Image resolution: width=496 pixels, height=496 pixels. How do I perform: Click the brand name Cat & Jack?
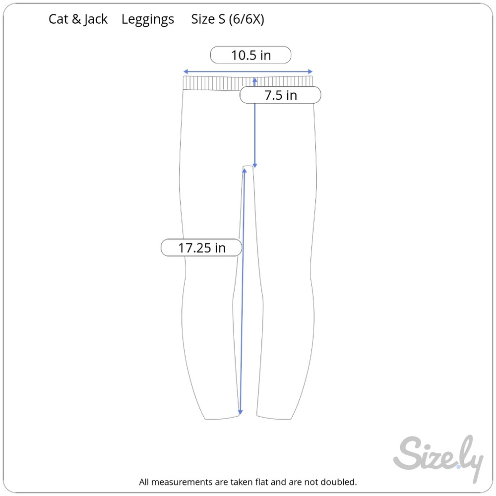tap(78, 19)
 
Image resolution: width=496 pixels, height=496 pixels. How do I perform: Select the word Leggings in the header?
tap(148, 20)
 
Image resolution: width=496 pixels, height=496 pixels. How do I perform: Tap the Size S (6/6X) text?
tap(228, 20)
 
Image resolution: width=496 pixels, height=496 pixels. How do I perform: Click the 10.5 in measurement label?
tap(251, 55)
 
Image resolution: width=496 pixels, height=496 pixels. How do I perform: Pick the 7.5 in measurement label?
tap(281, 95)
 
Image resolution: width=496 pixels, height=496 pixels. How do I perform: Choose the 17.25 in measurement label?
tap(201, 248)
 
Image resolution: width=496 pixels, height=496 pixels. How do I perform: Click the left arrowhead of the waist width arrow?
tap(186, 71)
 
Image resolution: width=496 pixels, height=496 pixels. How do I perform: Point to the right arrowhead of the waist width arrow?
tap(310, 71)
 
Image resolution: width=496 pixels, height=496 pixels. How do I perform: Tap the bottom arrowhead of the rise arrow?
tap(255, 166)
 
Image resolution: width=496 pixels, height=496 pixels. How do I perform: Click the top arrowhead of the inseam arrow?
tap(244, 171)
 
